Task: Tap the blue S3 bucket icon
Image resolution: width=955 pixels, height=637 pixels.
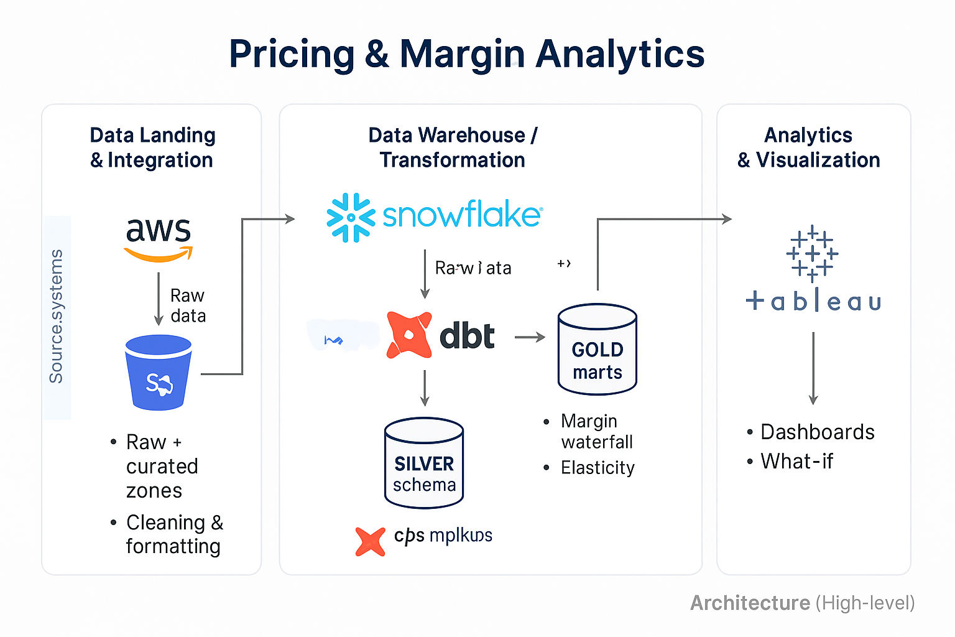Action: [159, 373]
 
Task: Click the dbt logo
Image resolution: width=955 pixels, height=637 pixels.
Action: [440, 336]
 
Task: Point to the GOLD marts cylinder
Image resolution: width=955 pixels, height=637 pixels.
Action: [597, 350]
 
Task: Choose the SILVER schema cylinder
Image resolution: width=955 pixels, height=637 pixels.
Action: [424, 463]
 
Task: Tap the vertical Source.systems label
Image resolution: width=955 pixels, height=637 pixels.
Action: [57, 317]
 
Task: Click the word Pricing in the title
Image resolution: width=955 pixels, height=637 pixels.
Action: [292, 54]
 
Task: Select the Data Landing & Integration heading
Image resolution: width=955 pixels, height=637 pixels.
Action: [152, 147]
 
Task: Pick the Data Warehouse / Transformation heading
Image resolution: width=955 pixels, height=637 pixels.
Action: [453, 147]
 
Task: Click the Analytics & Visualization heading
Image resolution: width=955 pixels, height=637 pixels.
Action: [808, 147]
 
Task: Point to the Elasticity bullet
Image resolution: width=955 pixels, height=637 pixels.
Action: [597, 468]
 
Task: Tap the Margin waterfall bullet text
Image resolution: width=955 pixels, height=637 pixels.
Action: [596, 431]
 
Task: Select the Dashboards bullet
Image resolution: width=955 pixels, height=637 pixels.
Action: [817, 432]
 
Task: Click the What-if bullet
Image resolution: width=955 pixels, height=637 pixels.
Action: [796, 461]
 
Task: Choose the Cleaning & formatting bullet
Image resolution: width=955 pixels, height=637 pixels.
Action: [173, 534]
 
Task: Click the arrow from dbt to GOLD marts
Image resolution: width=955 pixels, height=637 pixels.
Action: [530, 337]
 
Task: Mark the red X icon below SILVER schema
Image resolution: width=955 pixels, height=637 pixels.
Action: [371, 541]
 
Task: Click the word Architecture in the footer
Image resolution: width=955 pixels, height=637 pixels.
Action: [750, 603]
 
